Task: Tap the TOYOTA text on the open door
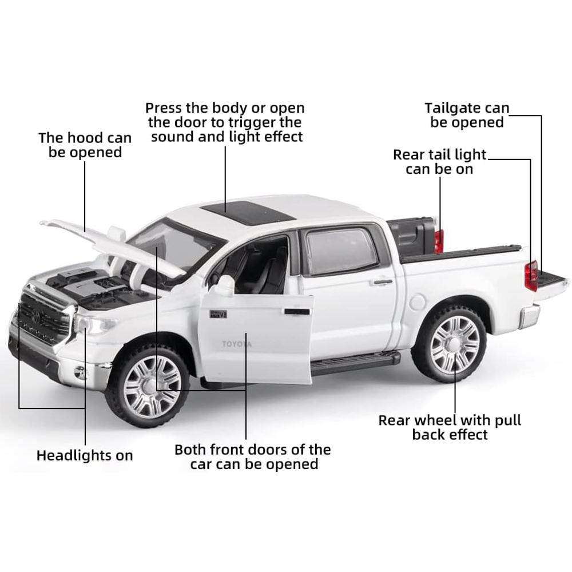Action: click(236, 344)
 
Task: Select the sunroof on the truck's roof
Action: click(248, 212)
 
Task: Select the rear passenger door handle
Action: click(381, 281)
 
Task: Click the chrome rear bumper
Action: click(529, 316)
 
